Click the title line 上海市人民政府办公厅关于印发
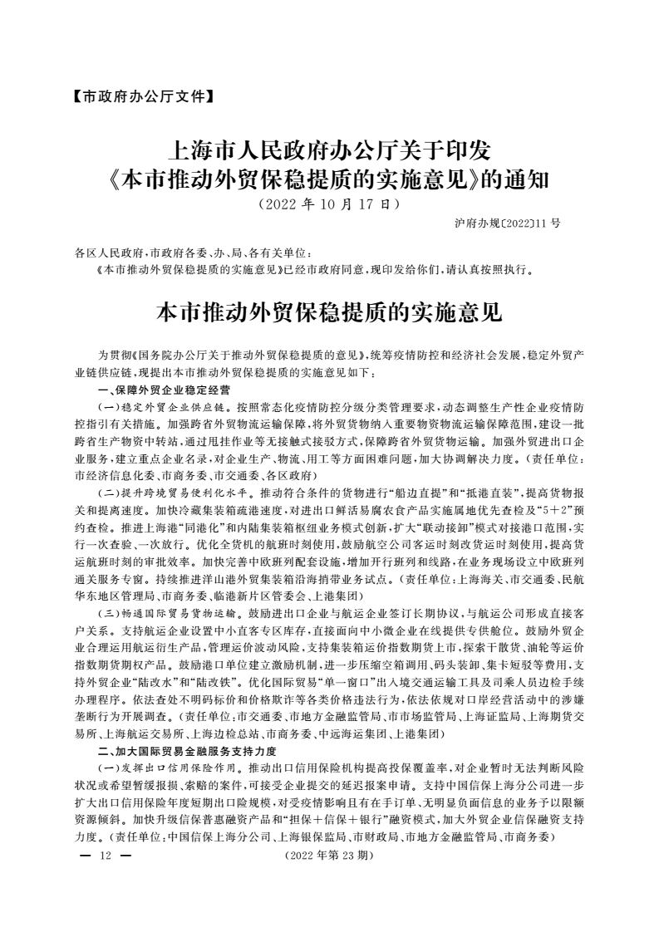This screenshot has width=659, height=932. click(330, 151)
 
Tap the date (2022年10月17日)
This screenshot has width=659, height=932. click(330, 203)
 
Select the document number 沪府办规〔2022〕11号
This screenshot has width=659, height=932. click(508, 223)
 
